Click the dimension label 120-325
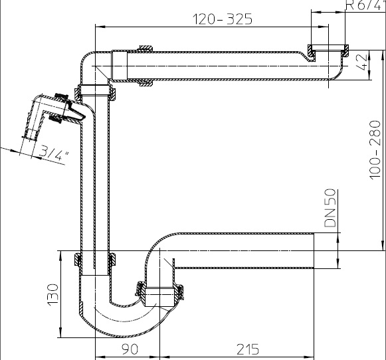(x=223, y=19)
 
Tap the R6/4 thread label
(x=364, y=5)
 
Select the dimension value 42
(x=362, y=62)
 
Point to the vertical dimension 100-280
(x=375, y=150)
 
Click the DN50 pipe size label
(x=330, y=208)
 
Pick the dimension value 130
(x=52, y=295)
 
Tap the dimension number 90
(x=130, y=349)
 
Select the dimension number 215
(x=248, y=349)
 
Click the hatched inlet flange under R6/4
(x=328, y=50)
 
